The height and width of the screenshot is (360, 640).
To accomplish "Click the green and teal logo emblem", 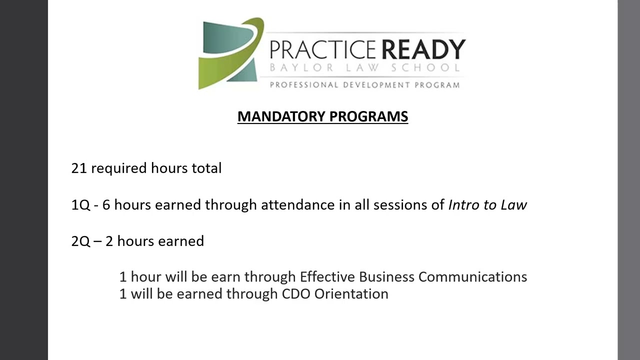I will point(231,53).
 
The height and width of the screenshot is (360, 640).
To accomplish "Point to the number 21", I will point(79,168).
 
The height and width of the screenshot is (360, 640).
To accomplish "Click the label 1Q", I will point(80,205).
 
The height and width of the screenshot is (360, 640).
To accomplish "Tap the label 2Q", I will point(80,241).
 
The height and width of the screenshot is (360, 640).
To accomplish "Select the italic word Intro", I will point(463,205).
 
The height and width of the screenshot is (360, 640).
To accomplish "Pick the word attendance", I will point(298,205).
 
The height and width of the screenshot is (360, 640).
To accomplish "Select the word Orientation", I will point(351,293).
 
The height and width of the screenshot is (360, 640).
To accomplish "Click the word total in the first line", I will point(206,168).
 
